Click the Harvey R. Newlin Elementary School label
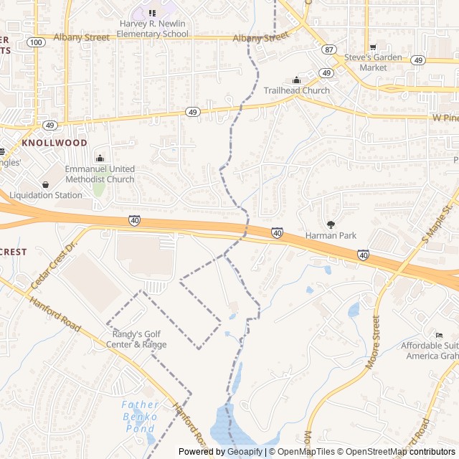pyautogui.click(x=152, y=28)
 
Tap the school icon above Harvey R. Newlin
pyautogui.click(x=152, y=13)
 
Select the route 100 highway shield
pyautogui.click(x=35, y=43)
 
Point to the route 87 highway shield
pyautogui.click(x=328, y=49)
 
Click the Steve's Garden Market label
pyautogui.click(x=373, y=62)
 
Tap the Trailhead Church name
pyautogui.click(x=297, y=90)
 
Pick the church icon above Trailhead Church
pyautogui.click(x=297, y=80)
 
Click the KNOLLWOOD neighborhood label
pyautogui.click(x=55, y=143)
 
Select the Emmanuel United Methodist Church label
pyautogui.click(x=100, y=174)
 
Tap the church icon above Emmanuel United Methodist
pyautogui.click(x=100, y=158)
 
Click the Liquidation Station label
pyautogui.click(x=46, y=195)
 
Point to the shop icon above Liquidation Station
pyautogui.click(x=46, y=184)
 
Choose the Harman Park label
pyautogui.click(x=331, y=235)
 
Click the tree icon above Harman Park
pyautogui.click(x=331, y=224)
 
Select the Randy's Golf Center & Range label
pyautogui.click(x=139, y=339)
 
